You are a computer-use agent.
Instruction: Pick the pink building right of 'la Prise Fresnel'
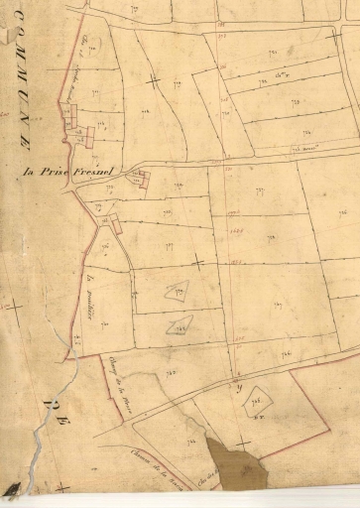[142, 180]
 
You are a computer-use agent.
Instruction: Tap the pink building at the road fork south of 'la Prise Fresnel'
[116, 225]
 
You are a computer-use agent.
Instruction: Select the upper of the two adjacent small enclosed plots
[177, 292]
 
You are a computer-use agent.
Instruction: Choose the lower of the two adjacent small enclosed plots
[180, 323]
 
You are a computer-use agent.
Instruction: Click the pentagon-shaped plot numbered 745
[257, 398]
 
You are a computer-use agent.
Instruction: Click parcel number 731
[94, 92]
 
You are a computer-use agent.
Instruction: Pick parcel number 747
[279, 304]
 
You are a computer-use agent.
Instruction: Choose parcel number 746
[287, 354]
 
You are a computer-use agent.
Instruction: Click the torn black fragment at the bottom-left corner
[12, 488]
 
